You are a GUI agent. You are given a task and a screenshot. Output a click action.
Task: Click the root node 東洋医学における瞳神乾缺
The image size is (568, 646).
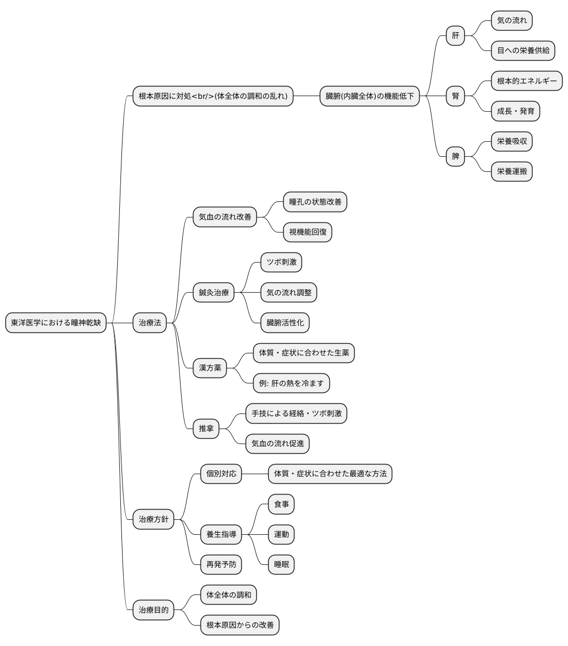click(x=55, y=322)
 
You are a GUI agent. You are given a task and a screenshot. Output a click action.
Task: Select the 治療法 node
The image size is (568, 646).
click(x=149, y=322)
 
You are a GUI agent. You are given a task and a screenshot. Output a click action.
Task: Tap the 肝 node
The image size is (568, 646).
click(x=455, y=35)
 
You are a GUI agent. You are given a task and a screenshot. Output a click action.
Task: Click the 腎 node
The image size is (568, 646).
click(x=455, y=96)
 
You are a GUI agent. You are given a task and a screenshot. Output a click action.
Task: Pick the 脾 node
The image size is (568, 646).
click(x=455, y=156)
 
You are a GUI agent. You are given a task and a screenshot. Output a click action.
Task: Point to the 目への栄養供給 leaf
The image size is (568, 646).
click(x=523, y=50)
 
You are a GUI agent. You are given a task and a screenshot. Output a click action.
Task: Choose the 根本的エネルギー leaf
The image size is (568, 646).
click(x=527, y=81)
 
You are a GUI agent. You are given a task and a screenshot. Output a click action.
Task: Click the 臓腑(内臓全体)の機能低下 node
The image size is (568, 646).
click(x=369, y=96)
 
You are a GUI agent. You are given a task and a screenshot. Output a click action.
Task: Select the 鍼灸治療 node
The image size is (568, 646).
click(x=213, y=292)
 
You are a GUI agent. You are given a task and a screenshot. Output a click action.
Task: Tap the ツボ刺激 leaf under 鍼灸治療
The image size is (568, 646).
click(x=281, y=262)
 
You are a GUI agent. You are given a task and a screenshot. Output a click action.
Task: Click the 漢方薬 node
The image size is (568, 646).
click(x=210, y=368)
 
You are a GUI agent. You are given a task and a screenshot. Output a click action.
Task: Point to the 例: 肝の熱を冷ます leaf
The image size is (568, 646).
click(x=291, y=383)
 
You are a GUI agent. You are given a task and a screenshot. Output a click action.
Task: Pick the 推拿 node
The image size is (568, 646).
click(x=206, y=428)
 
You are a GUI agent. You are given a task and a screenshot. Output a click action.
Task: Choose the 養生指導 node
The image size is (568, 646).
click(x=221, y=534)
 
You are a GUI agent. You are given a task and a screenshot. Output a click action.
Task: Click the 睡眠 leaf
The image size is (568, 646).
click(x=281, y=564)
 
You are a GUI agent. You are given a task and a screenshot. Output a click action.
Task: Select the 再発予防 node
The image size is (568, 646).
click(x=221, y=564)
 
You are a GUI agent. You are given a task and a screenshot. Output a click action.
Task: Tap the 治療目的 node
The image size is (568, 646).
click(x=153, y=609)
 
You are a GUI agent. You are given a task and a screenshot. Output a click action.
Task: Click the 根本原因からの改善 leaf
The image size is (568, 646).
click(x=240, y=625)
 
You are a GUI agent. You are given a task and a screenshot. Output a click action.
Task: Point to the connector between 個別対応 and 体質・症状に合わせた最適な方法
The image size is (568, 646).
click(x=255, y=474)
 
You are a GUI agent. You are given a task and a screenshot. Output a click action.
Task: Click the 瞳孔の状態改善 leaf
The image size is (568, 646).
click(x=315, y=202)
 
